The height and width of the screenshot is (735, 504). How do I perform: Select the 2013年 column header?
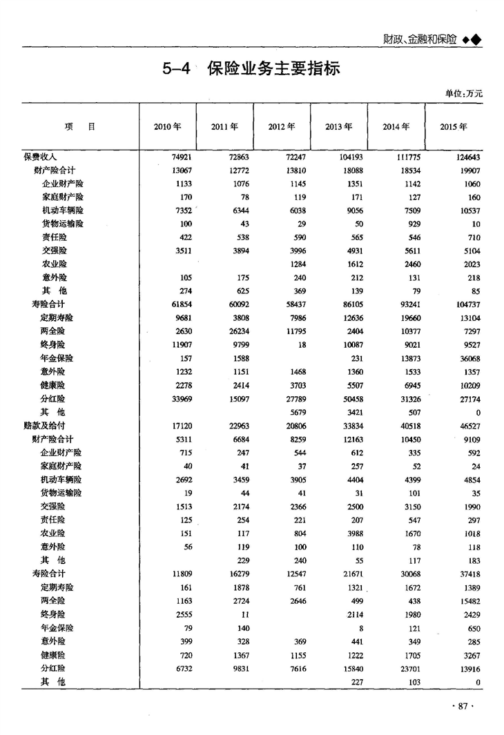338,127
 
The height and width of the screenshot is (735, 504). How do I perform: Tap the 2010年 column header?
168,127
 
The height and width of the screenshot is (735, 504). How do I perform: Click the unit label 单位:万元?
463,93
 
